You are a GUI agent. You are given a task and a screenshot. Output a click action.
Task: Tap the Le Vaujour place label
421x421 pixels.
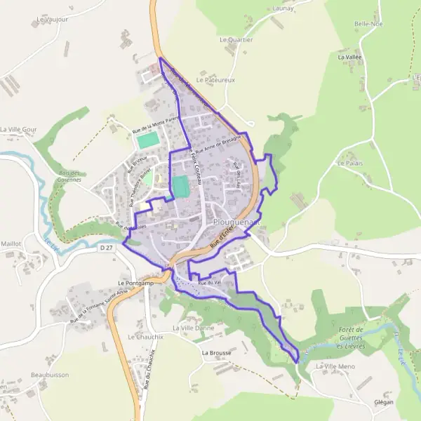coord(53,20)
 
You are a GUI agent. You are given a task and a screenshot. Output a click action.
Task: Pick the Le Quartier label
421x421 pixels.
coord(236,40)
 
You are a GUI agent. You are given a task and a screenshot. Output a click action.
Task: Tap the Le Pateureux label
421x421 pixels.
coord(215,80)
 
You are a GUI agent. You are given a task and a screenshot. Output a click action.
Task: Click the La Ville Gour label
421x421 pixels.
coord(18,130)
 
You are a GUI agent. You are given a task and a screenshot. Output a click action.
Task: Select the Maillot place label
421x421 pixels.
coord(11,243)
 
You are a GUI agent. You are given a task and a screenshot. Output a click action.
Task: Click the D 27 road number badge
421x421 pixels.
coord(106,248)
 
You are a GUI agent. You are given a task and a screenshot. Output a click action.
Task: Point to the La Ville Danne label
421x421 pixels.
coord(193,328)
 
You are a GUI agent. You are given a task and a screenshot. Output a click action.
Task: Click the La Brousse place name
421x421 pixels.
coord(216,353)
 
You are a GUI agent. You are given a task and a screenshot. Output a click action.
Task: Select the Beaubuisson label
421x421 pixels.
coord(50,375)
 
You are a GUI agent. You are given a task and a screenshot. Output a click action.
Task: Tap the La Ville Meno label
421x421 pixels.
coord(336,367)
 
